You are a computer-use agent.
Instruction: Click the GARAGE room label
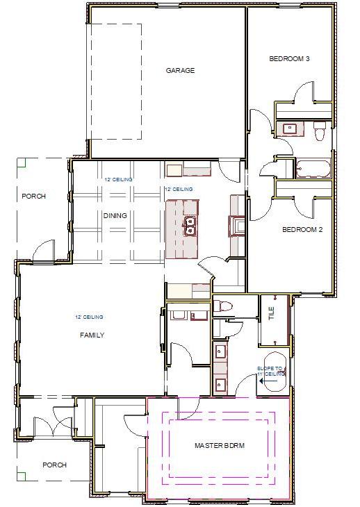[x=179, y=70]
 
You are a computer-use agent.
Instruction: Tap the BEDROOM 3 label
[x=289, y=59]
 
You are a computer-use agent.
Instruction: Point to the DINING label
[x=115, y=215]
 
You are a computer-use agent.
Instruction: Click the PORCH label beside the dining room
[x=33, y=197]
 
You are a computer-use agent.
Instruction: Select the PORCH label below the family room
[x=54, y=465]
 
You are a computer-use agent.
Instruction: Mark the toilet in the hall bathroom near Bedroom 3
[x=320, y=130]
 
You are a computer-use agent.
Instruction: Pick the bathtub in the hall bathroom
[x=313, y=168]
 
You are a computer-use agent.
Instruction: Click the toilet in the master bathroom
[x=222, y=306]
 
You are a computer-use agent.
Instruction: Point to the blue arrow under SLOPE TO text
[x=263, y=381]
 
